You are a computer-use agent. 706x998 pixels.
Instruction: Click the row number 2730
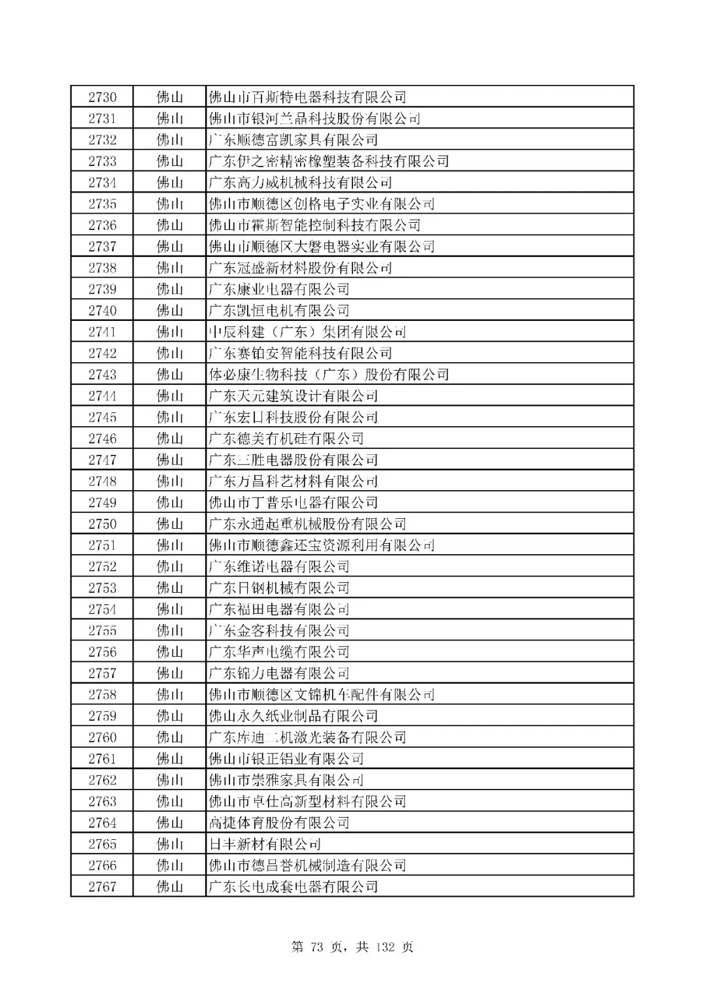[103, 97]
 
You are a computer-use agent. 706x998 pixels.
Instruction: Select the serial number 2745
[103, 417]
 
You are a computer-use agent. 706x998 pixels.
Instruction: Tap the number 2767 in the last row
[103, 886]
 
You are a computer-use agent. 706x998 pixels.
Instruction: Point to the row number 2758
[103, 694]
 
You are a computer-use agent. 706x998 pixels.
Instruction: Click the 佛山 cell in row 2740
[170, 310]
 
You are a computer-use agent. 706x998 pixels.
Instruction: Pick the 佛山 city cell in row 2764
[170, 822]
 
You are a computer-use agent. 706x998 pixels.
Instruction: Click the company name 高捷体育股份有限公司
[278, 822]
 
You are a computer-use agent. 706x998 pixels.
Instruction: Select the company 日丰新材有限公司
[264, 844]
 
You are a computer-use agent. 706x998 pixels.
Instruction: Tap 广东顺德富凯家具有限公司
[293, 140]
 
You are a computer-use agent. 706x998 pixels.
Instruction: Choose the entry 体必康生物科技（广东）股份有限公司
[328, 374]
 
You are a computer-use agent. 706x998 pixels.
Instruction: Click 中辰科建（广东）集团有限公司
[307, 332]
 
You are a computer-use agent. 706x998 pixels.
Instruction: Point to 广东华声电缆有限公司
[278, 652]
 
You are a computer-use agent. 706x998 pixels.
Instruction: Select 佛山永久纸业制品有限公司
[293, 716]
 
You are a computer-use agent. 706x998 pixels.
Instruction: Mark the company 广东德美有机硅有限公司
[286, 439]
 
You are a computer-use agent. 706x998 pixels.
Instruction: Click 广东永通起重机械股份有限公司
[307, 524]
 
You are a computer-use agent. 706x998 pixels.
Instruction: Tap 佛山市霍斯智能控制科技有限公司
[314, 225]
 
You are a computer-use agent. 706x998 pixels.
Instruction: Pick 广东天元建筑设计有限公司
[293, 396]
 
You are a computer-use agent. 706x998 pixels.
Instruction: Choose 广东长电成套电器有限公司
[293, 886]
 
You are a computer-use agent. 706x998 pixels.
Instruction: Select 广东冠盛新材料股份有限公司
[300, 268]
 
